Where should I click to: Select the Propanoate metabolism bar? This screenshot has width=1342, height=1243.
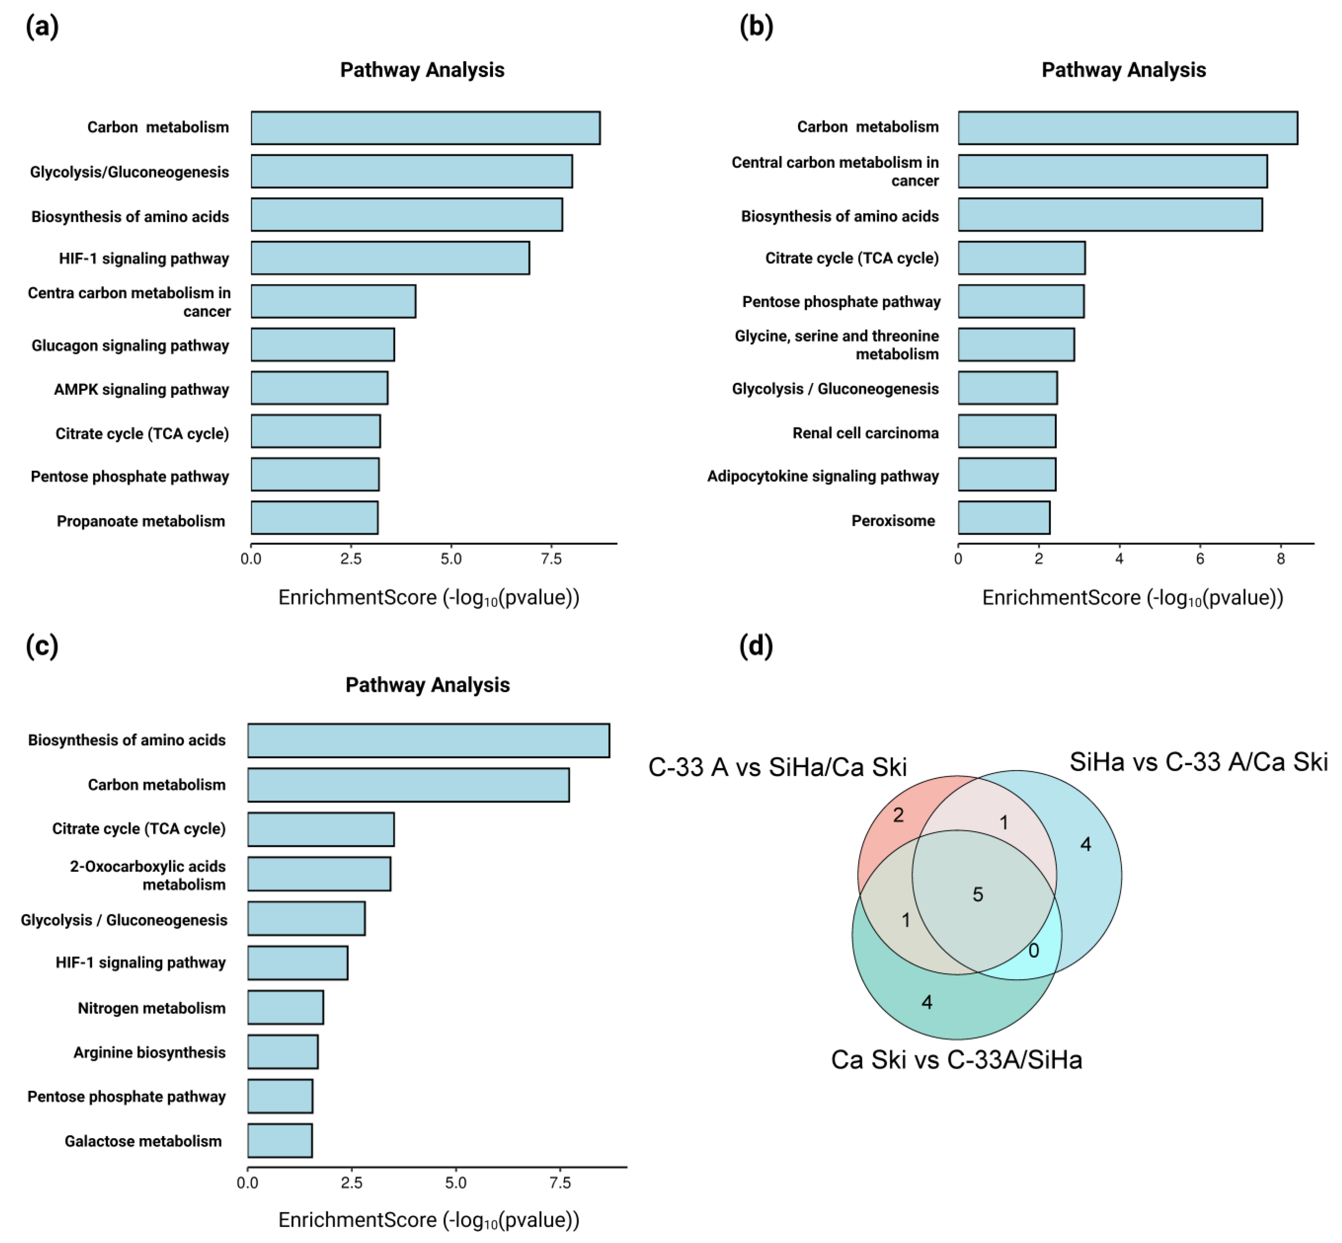pos(314,518)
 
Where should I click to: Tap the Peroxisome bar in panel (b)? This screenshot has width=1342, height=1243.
pos(1004,518)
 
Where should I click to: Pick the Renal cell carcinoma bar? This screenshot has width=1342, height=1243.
pos(1007,431)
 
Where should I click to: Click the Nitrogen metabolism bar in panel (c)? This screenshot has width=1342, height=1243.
pos(285,1008)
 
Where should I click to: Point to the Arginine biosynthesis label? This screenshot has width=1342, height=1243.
pos(149,1053)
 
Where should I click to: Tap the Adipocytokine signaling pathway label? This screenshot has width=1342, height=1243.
pos(822,476)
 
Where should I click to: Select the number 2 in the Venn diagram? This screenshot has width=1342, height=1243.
pos(898,815)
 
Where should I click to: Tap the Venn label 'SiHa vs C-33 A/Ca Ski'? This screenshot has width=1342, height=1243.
pos(1198,762)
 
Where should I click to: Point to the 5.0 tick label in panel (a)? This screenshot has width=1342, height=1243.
pos(451,559)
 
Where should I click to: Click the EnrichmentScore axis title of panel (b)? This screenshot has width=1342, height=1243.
pos(1132,598)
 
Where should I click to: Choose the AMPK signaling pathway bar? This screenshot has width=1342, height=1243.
pos(319,388)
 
